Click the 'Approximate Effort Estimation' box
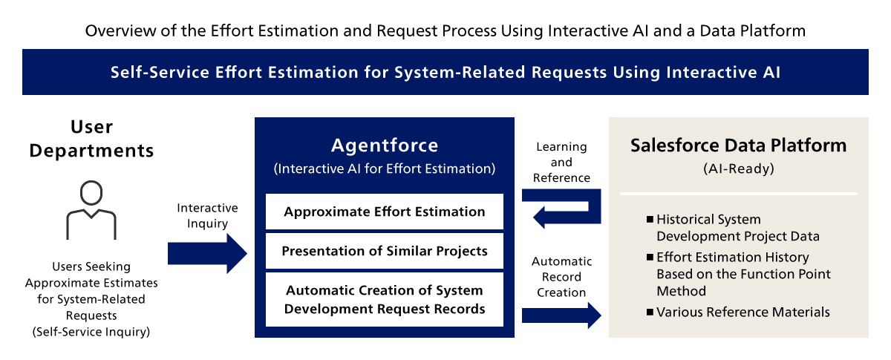coord(385,212)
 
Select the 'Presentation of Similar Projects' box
coord(385,251)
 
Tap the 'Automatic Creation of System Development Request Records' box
coord(385,300)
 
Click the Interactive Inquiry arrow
coord(207,253)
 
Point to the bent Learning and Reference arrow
coord(594,207)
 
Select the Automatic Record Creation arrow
coord(561,315)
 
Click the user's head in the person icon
coord(91,193)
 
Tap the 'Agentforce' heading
coord(385,145)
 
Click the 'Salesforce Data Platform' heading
coord(739,145)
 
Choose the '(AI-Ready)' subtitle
coord(739,168)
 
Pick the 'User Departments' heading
coord(91,139)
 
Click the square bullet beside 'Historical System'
coord(650,219)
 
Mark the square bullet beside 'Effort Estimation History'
coord(650,257)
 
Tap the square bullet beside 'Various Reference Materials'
coord(650,312)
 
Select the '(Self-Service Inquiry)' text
coord(91,332)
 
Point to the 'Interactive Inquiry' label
coord(207,215)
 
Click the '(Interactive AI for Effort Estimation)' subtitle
coord(385,168)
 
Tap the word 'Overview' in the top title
coord(120,31)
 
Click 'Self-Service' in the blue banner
coord(160,73)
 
